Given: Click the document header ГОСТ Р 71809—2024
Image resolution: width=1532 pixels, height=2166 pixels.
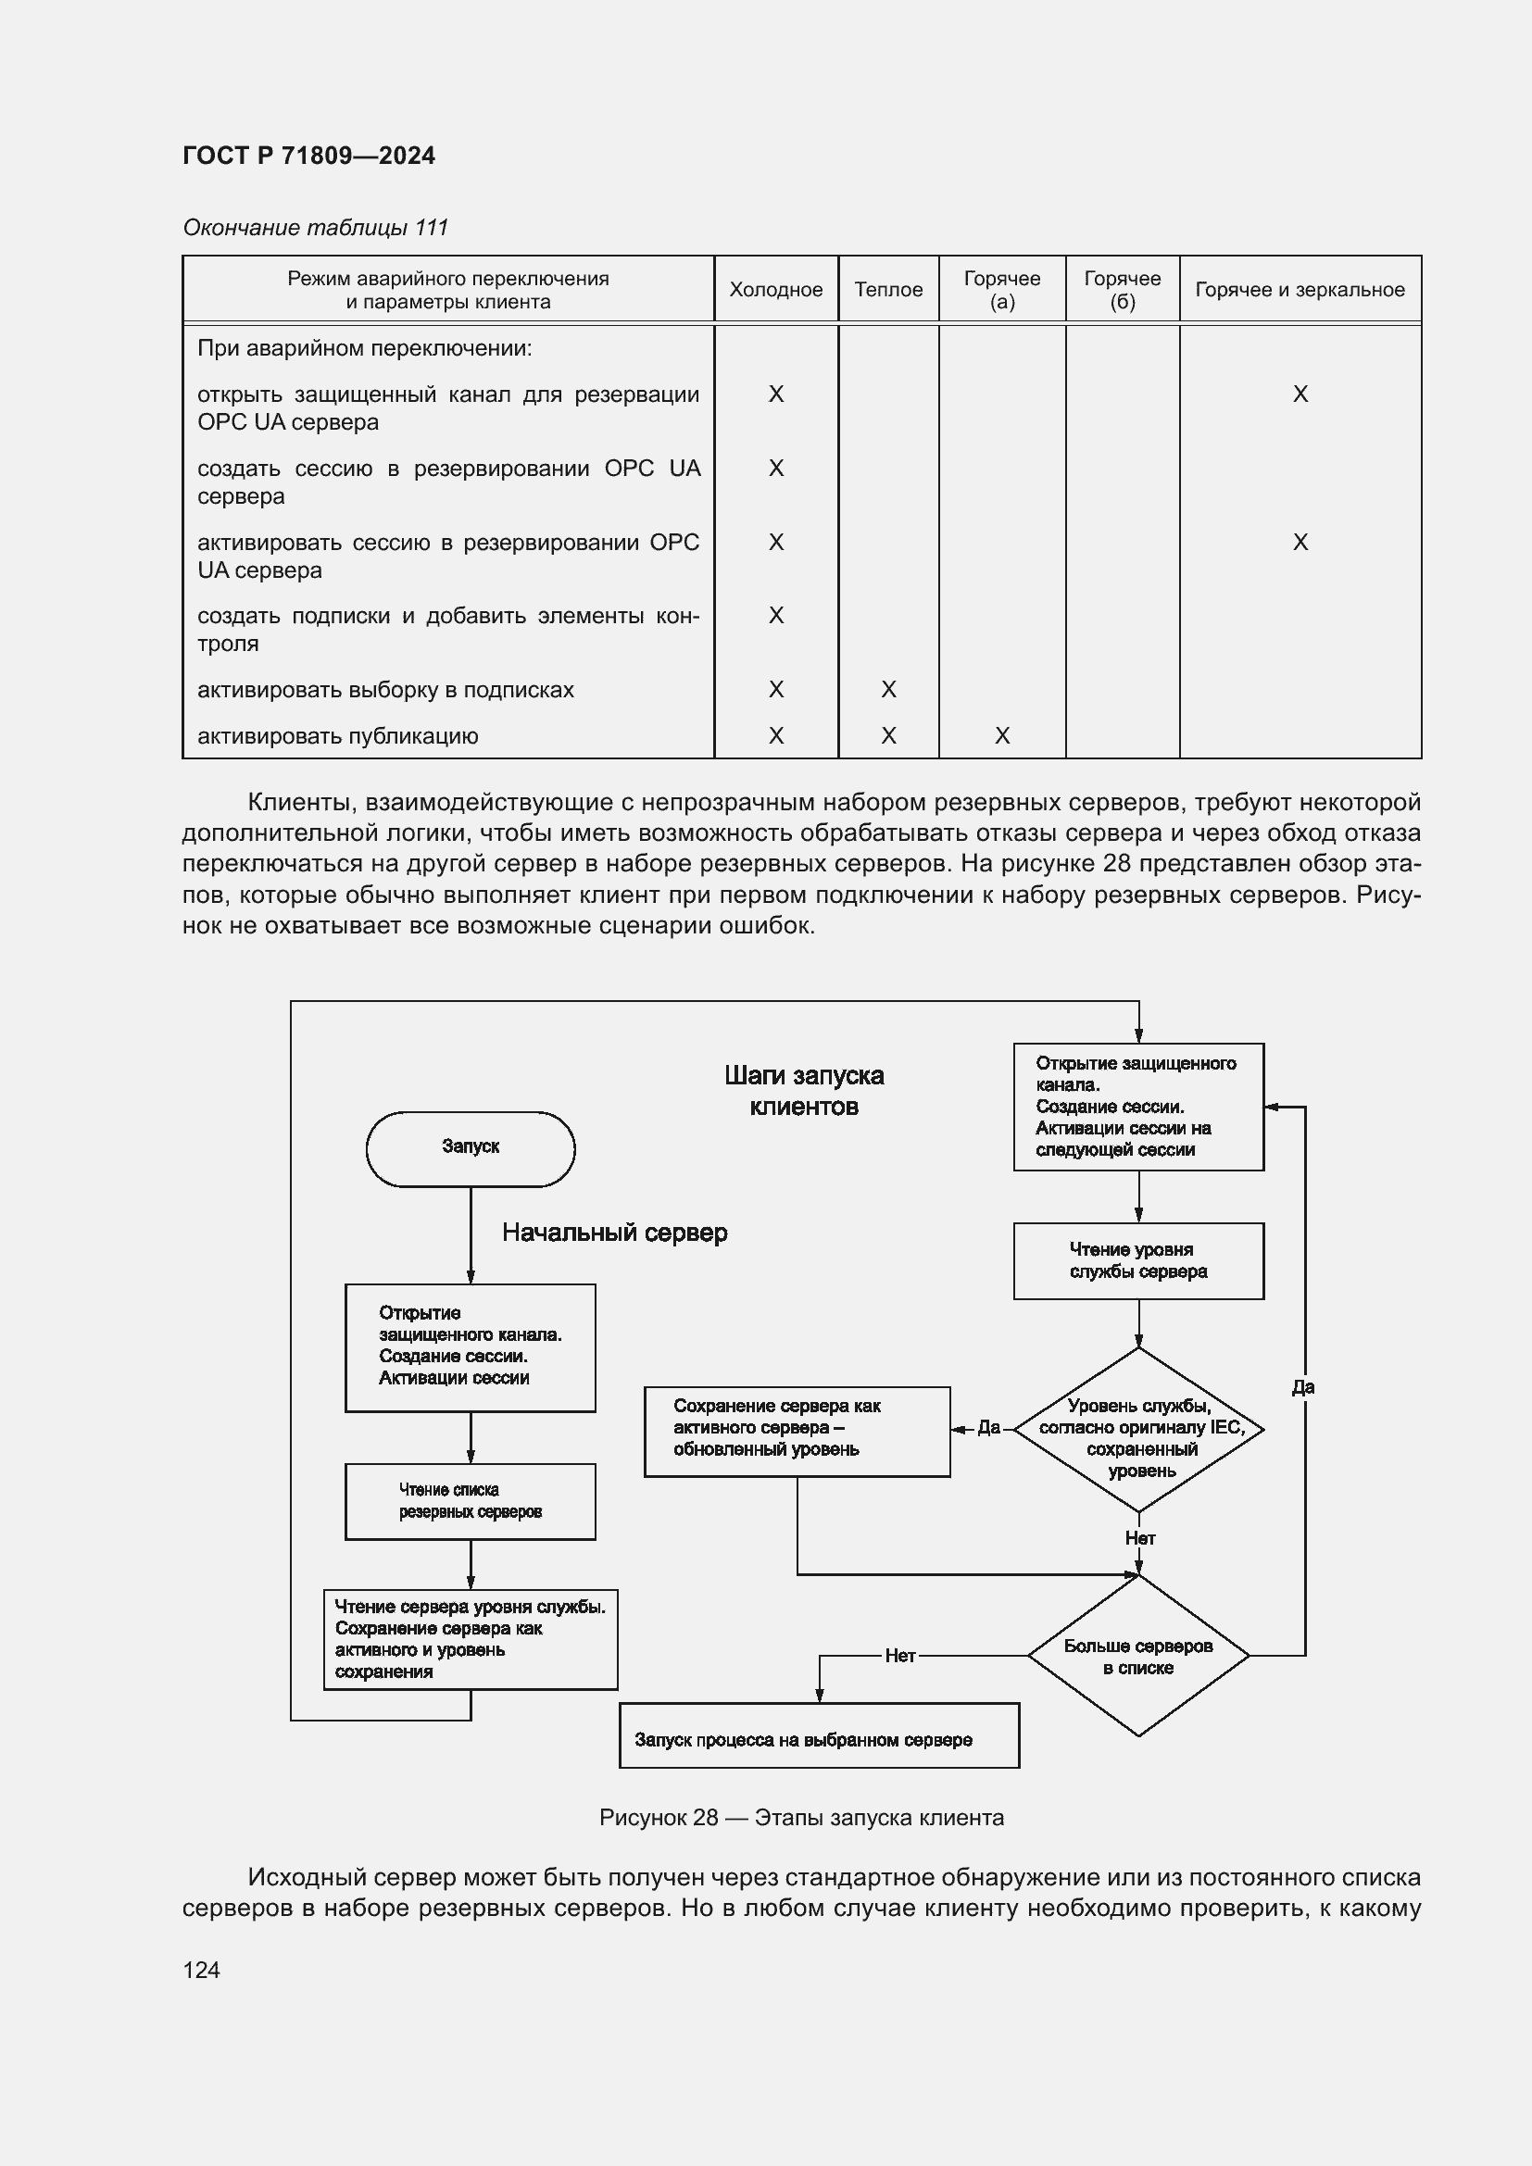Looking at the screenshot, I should click(x=308, y=156).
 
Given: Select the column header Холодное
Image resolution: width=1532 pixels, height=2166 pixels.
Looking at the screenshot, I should click(x=775, y=290).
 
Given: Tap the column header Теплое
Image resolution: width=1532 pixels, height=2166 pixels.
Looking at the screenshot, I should click(x=887, y=290).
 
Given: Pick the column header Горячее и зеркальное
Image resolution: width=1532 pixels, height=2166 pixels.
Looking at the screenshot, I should click(x=1299, y=290).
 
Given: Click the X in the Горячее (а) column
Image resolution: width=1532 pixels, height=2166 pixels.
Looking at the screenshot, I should click(x=1002, y=736).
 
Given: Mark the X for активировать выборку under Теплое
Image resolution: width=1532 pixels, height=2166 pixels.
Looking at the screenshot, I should click(x=887, y=690).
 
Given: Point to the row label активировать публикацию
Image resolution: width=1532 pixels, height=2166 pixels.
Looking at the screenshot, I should click(x=338, y=736).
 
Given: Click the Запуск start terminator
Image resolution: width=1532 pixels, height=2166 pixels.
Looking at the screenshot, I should click(x=470, y=1147).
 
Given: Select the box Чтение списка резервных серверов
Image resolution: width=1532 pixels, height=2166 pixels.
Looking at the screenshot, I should click(x=470, y=1501).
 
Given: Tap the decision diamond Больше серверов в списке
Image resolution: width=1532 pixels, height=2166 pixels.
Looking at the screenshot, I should click(x=1137, y=1656).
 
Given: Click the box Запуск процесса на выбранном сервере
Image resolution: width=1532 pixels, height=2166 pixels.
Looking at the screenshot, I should click(x=819, y=1739).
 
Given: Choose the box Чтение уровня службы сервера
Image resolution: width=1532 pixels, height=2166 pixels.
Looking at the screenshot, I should click(x=1137, y=1260).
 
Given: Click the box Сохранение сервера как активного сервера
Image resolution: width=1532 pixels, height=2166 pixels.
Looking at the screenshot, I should click(x=797, y=1431).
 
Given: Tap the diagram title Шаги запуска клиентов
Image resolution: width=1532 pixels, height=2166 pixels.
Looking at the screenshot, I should click(x=804, y=1091).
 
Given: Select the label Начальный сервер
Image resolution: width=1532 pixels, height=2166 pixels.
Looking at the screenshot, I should click(x=614, y=1233).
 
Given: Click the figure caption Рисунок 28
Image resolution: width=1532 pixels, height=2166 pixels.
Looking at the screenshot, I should click(x=801, y=1818).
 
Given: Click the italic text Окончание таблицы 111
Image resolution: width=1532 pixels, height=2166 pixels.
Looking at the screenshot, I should click(x=315, y=228).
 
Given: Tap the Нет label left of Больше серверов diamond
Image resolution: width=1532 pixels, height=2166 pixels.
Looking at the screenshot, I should click(x=900, y=1656).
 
